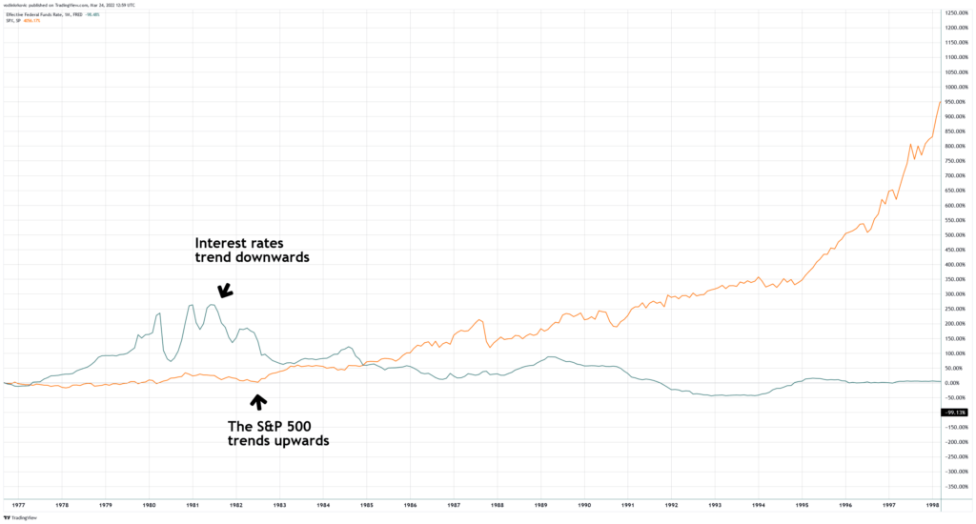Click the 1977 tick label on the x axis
click(18, 505)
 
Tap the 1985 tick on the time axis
click(366, 505)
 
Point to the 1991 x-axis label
click(628, 505)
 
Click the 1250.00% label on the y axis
click(956, 12)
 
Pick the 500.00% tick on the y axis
click(956, 234)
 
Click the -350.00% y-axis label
click(956, 486)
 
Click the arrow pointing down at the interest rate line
click(226, 292)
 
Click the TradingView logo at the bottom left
click(25, 517)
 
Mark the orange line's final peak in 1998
click(941, 101)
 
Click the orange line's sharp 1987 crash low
click(489, 347)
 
